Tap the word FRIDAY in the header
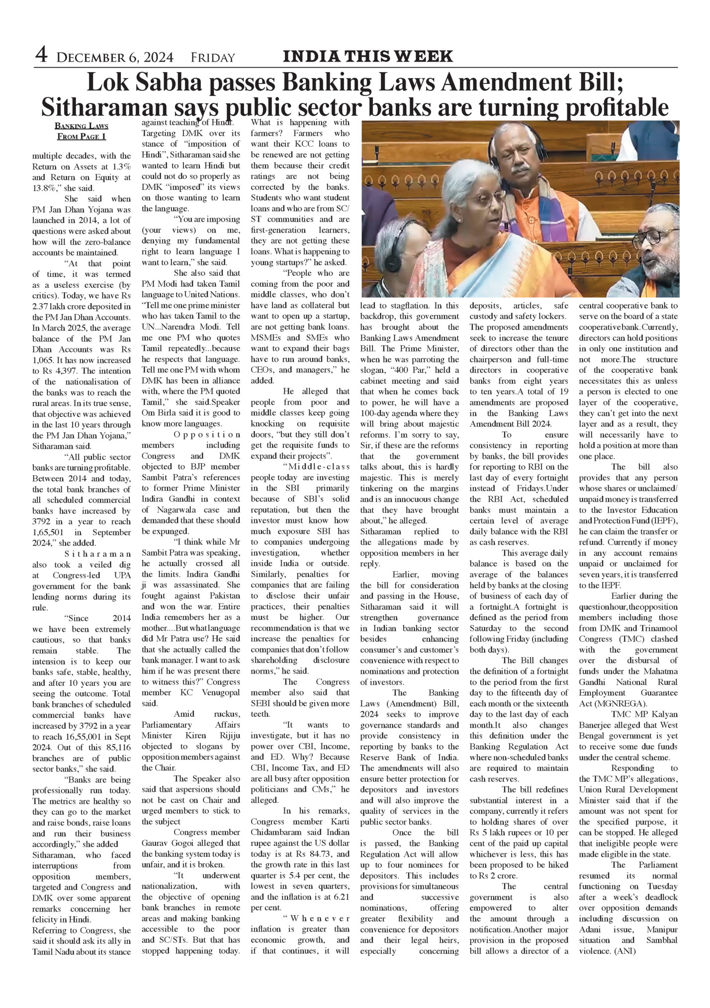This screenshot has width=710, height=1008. (212, 58)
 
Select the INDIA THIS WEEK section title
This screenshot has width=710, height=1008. (367, 56)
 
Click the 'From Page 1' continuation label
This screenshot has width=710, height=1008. (82, 136)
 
